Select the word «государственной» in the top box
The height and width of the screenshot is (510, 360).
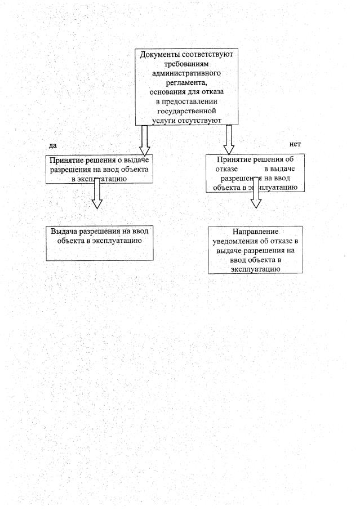pos(186,111)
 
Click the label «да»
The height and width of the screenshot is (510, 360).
pos(54,145)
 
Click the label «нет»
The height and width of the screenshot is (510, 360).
pos(295,145)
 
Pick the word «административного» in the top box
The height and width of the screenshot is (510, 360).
pos(186,73)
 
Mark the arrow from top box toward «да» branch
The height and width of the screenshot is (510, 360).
pos(144,139)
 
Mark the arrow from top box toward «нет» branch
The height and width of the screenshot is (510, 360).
pos(229,139)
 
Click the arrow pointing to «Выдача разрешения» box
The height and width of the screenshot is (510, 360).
pos(97,194)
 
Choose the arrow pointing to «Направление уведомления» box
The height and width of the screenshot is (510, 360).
pos(256,194)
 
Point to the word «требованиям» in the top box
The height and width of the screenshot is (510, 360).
pos(186,64)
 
